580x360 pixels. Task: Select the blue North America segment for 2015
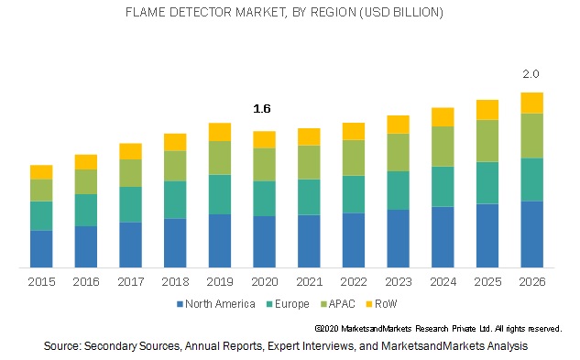click(x=41, y=248)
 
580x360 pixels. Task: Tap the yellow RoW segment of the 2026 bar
click(x=531, y=103)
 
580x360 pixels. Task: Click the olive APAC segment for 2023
click(x=398, y=152)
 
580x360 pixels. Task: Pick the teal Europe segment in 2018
click(x=175, y=199)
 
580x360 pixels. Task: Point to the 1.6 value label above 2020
click(x=262, y=109)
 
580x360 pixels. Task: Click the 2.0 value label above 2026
click(x=531, y=73)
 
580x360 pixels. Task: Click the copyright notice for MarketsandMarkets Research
click(x=438, y=328)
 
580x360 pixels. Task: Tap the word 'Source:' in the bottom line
click(x=62, y=345)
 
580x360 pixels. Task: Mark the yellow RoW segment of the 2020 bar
click(x=264, y=139)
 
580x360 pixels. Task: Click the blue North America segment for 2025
click(x=487, y=235)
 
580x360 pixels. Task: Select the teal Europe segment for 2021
click(x=309, y=196)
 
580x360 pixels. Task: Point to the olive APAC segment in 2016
click(x=86, y=181)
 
